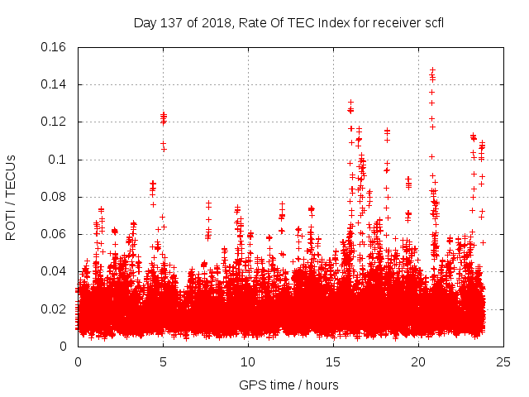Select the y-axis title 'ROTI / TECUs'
click(12, 197)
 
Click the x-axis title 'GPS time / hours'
click(290, 385)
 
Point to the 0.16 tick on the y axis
click(56, 47)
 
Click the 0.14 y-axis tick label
click(56, 84)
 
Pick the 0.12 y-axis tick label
click(56, 122)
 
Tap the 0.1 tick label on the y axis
click(60, 160)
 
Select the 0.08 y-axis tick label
click(56, 197)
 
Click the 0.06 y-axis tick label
click(56, 234)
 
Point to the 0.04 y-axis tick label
click(56, 271)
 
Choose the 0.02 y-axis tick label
click(56, 309)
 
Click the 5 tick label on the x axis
click(163, 361)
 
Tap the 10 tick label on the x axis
click(248, 361)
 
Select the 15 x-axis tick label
click(333, 361)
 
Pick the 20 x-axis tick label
click(418, 361)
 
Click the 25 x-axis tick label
click(503, 361)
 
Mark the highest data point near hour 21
click(432, 70)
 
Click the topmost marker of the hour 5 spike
click(164, 114)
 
